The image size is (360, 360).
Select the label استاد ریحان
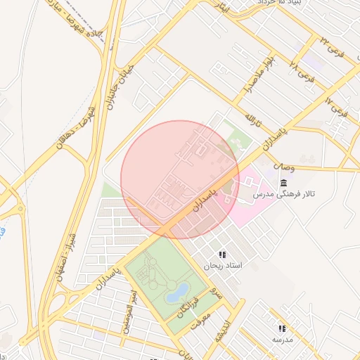pos(222,266)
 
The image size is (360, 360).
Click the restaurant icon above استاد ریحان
pos(223,255)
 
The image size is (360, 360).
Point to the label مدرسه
pos(282,340)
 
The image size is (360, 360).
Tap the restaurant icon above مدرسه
pos(282,328)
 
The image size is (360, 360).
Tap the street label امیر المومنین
pos(130,303)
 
